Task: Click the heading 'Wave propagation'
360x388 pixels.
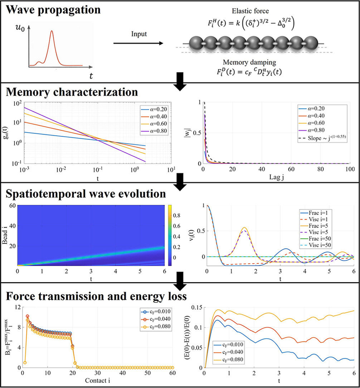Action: point(53,10)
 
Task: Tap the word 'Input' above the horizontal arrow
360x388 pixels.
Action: point(139,34)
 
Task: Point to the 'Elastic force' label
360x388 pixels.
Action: point(250,11)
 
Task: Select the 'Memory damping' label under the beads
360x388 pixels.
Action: point(249,62)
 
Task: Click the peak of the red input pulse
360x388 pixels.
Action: point(52,31)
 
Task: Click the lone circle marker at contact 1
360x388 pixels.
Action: point(25,363)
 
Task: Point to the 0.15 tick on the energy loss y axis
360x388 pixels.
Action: point(197,307)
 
